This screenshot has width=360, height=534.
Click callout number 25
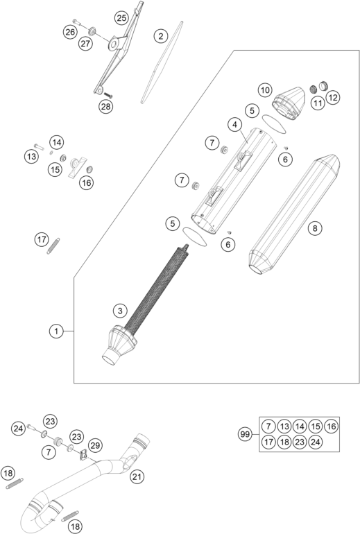121,18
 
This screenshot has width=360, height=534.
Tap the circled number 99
245,434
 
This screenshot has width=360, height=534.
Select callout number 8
315,228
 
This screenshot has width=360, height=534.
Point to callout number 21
137,476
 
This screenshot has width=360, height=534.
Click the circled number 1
56,331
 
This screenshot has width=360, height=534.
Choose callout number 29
95,445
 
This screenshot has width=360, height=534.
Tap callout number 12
333,98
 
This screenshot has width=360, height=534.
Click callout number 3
120,310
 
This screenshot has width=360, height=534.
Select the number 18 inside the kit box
284,442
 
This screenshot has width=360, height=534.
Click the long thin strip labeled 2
162,62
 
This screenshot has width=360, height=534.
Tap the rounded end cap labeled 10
289,103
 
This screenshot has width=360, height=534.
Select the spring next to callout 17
53,246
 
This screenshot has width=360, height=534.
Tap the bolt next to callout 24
31,427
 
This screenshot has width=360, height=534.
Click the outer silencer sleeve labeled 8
295,214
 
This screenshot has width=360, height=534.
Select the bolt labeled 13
39,147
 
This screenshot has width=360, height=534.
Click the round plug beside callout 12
323,85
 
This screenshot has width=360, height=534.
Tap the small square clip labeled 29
83,455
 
